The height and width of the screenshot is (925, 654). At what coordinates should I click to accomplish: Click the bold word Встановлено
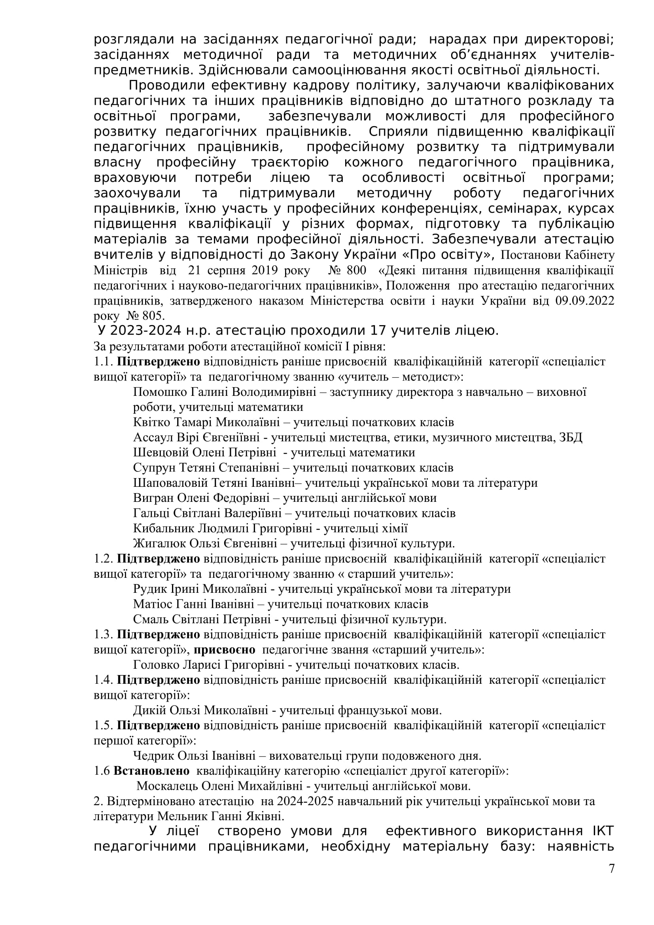(151, 771)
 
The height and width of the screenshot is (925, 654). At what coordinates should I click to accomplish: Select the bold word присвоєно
(225, 649)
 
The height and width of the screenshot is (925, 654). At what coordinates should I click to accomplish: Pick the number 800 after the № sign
(356, 271)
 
